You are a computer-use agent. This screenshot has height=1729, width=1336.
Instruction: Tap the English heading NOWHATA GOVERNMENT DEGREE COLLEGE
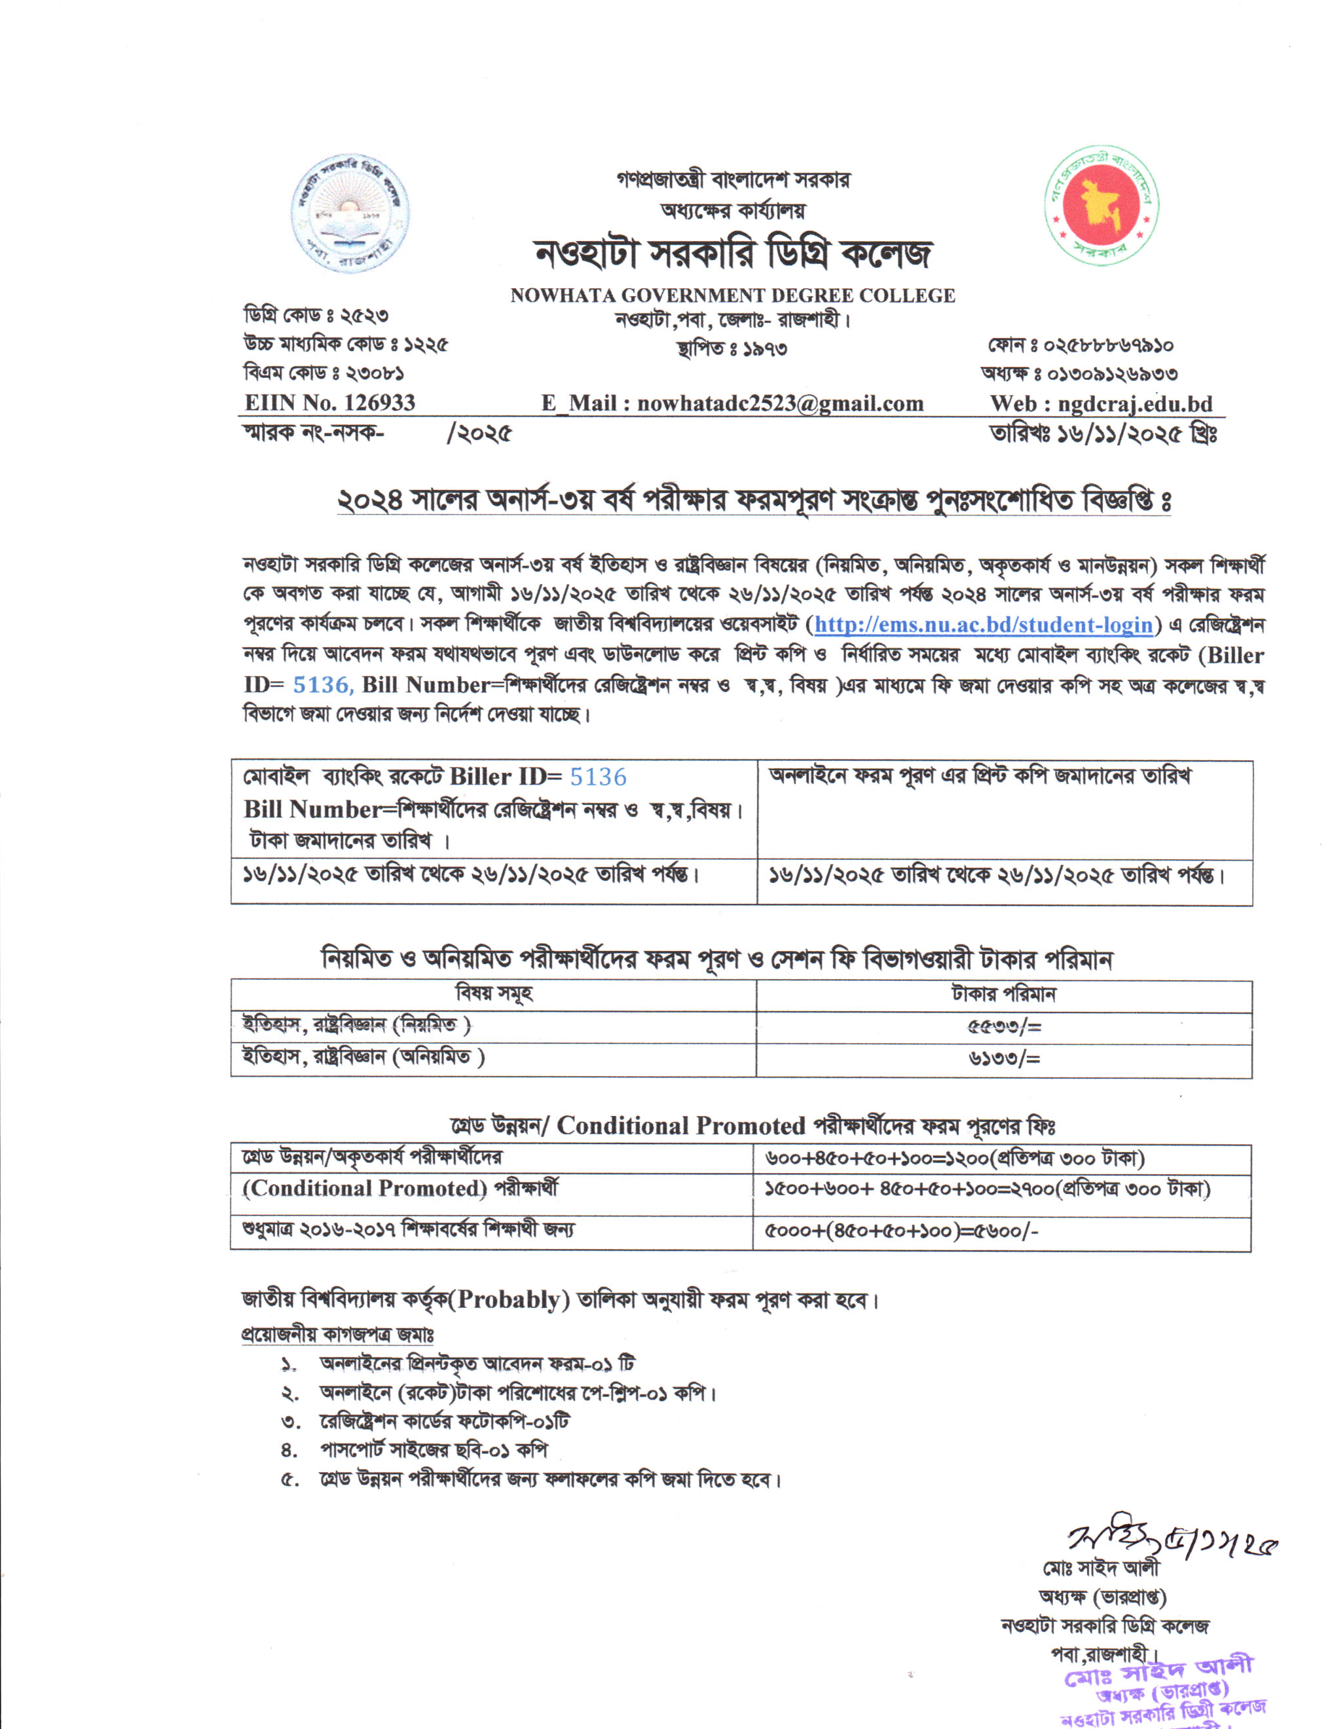(732, 296)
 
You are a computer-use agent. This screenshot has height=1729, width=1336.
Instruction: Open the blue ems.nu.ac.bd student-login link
(983, 625)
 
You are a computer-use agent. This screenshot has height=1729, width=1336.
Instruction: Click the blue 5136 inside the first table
(597, 777)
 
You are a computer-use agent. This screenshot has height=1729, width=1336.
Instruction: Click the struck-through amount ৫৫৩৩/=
(1003, 1028)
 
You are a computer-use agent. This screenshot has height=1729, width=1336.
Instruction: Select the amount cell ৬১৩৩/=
(1003, 1058)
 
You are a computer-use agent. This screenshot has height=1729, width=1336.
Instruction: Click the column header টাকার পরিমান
(1003, 994)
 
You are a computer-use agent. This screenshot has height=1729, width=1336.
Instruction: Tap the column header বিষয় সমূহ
(494, 994)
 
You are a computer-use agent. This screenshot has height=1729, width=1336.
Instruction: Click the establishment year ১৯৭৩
(764, 349)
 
